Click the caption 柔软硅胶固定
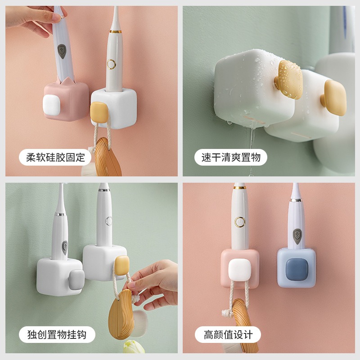pos(55,157)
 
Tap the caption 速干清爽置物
pos(231,157)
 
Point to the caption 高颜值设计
pos(228,335)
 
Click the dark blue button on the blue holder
pos(297,268)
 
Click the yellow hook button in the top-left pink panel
pos(99,112)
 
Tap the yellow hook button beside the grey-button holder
pos(122,265)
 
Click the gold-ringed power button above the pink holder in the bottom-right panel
pos(240,221)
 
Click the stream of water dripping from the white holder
pos(250,148)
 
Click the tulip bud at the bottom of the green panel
pos(132,349)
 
